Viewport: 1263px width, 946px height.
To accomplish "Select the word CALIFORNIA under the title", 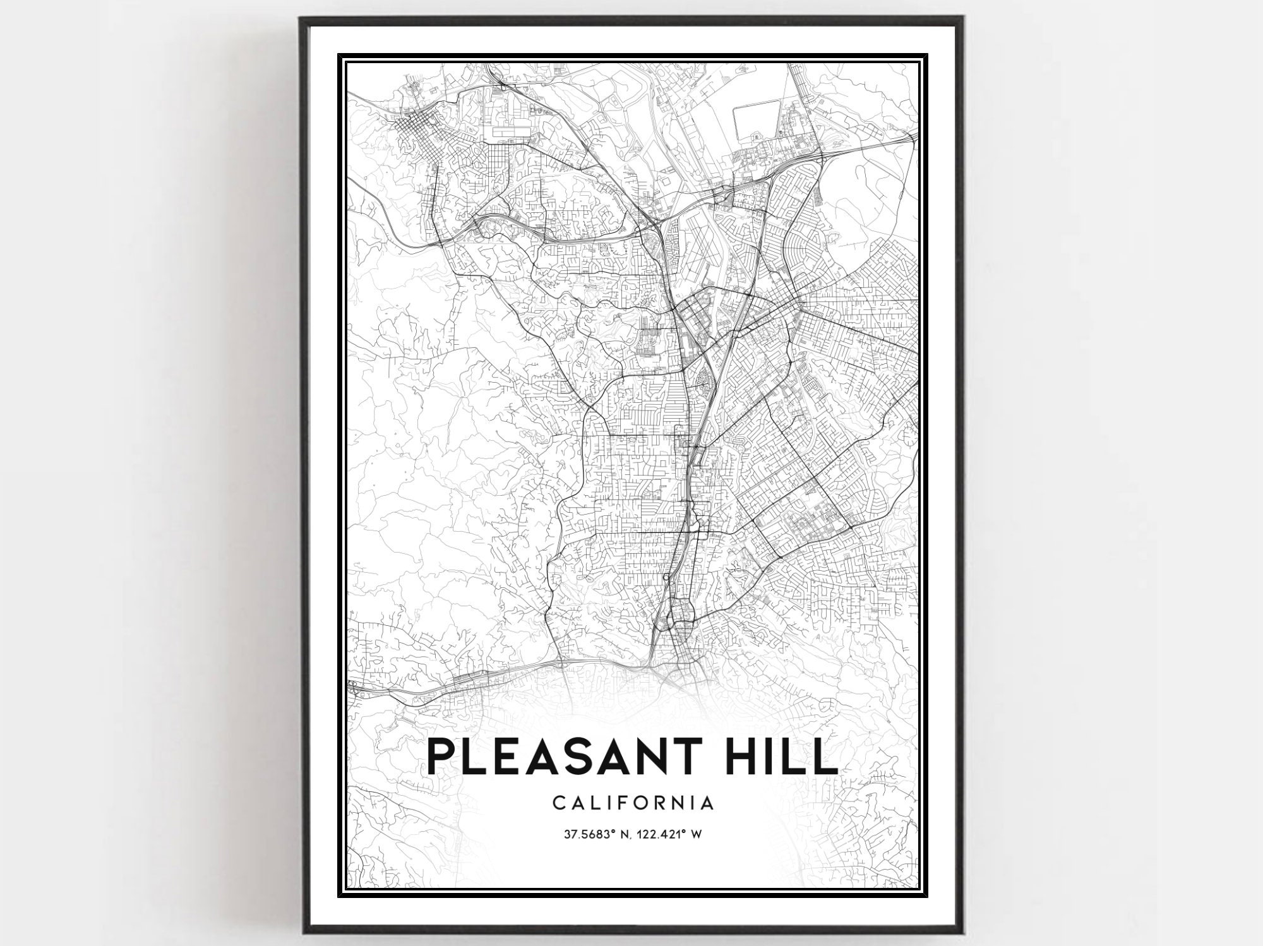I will (x=633, y=803).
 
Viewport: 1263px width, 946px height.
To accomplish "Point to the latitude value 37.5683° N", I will (x=596, y=835).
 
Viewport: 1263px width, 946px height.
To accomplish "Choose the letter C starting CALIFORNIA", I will (x=558, y=803).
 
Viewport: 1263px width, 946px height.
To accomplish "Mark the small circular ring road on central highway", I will (x=667, y=578).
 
